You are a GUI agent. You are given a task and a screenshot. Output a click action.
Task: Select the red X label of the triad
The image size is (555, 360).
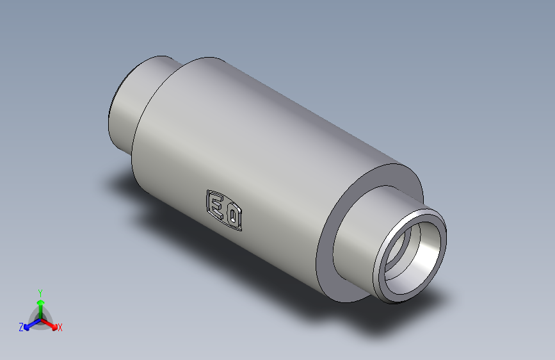60,328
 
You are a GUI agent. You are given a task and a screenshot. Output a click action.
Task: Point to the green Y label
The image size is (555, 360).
40,292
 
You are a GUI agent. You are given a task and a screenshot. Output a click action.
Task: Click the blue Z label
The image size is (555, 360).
21,327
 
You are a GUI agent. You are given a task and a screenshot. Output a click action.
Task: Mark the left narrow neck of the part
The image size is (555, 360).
131,102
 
